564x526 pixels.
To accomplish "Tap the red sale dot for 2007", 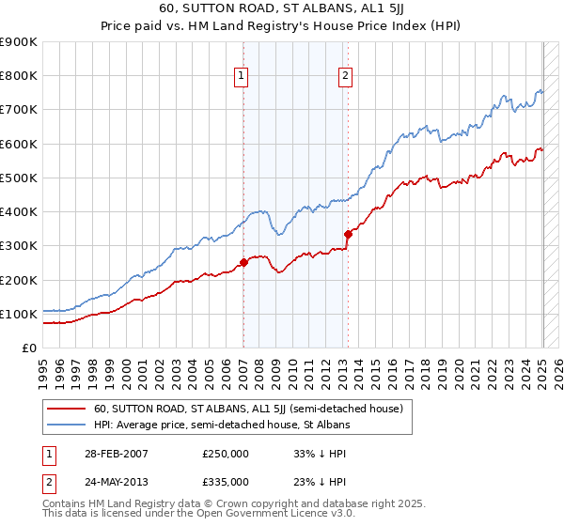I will point(243,263).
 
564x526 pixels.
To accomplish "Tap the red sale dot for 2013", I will point(348,234).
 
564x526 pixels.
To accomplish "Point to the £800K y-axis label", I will point(19,76).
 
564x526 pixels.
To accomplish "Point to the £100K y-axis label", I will point(19,314).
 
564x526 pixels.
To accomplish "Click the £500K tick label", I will point(19,178).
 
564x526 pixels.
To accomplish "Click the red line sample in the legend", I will point(67,409).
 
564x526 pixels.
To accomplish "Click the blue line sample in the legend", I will point(67,425).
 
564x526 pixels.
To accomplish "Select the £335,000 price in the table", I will point(226,482).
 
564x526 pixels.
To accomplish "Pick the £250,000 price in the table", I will point(226,453).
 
